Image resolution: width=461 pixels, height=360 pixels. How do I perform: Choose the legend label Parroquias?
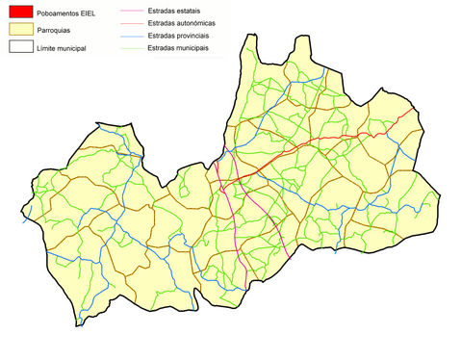[56, 30]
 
